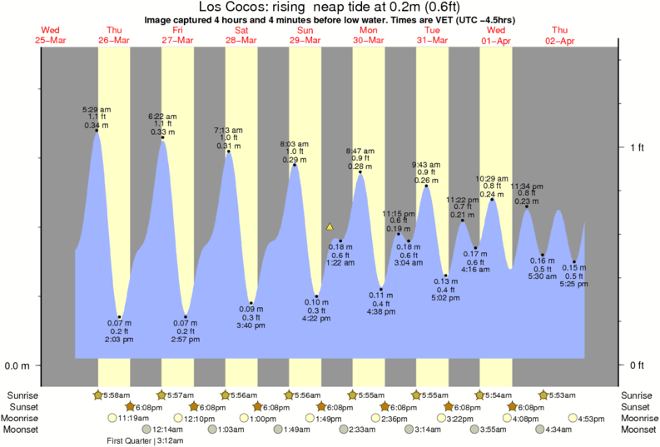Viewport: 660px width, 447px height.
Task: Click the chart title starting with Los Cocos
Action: pyautogui.click(x=330, y=7)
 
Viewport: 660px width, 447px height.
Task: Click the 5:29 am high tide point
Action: pyautogui.click(x=97, y=130)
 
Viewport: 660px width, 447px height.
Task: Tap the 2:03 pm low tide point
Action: pyautogui.click(x=120, y=317)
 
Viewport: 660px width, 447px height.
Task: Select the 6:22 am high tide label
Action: pyautogui.click(x=161, y=117)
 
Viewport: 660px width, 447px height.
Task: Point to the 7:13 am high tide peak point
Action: pyautogui.click(x=229, y=151)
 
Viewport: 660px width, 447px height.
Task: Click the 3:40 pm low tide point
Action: pyautogui.click(x=251, y=303)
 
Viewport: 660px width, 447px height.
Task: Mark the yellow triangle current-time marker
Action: pyautogui.click(x=330, y=226)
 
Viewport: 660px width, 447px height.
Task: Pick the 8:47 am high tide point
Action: pyautogui.click(x=360, y=172)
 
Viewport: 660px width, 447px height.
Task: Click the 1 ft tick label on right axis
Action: pyautogui.click(x=637, y=147)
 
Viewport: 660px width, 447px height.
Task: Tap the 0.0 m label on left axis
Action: pyautogui.click(x=17, y=365)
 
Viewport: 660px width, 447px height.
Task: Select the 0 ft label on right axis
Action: pyautogui.click(x=637, y=365)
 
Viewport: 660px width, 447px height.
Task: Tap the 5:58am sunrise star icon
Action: pyautogui.click(x=97, y=395)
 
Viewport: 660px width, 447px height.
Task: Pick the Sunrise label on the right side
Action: pyautogui.click(x=638, y=395)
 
